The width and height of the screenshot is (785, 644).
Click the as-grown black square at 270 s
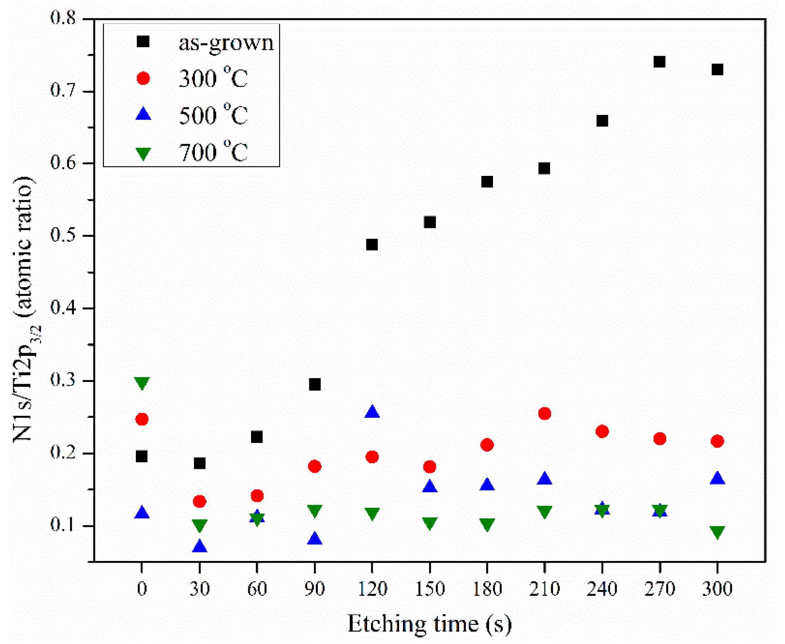[x=659, y=62]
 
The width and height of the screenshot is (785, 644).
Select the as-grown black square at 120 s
[x=372, y=244]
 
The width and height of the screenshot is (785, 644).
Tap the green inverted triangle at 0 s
[x=142, y=383]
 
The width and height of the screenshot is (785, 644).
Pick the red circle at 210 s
[x=544, y=413]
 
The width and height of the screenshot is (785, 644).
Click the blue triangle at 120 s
[x=372, y=412]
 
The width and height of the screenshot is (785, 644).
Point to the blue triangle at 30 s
[x=200, y=546]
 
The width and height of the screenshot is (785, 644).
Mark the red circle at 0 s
[x=142, y=419]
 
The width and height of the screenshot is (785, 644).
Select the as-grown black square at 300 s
[x=717, y=70]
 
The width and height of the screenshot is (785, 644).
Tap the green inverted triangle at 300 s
[x=717, y=532]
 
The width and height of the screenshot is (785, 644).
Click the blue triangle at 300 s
[x=717, y=478]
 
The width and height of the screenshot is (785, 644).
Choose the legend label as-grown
[x=226, y=43]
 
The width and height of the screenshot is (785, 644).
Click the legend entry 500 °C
[x=213, y=115]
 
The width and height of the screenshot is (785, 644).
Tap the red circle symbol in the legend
[x=143, y=78]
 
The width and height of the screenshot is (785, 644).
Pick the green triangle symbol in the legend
[x=143, y=153]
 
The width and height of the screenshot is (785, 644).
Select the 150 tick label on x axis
[x=430, y=589]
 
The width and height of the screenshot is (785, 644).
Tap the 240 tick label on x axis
[x=602, y=589]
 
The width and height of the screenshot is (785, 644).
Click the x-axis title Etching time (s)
[x=429, y=624]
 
